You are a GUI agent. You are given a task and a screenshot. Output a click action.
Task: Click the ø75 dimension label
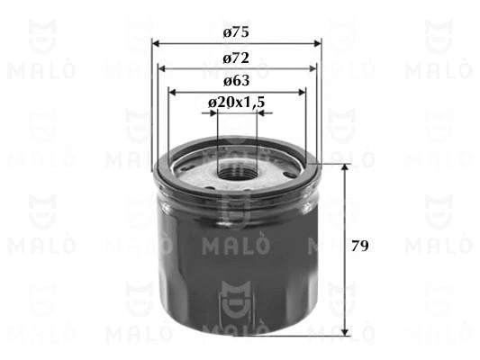coord(236,32)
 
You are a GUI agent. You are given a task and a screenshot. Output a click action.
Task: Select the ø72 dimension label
coord(236,58)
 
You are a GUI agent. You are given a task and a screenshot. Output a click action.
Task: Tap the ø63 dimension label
coord(236,81)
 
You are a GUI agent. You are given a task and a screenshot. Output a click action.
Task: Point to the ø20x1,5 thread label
coord(236,103)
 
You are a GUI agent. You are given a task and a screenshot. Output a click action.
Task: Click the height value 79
coord(359,246)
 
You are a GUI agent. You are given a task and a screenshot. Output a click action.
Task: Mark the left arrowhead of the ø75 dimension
coord(156,43)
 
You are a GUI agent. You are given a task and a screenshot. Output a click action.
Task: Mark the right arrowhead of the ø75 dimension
coord(318,43)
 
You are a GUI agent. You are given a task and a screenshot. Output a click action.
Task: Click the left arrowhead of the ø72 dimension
coord(161,68)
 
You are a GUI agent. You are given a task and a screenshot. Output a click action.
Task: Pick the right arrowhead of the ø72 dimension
coord(312,68)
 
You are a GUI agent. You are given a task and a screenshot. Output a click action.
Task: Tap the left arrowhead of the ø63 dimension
coord(173,92)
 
